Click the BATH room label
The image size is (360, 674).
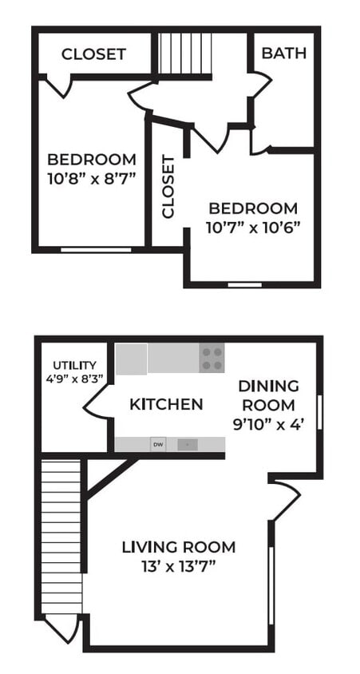(283, 54)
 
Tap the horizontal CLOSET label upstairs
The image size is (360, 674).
(93, 54)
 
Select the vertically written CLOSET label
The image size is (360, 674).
(168, 187)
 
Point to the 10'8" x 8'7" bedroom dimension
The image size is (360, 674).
(91, 176)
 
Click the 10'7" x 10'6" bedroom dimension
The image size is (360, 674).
(251, 226)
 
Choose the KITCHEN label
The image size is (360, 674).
(166, 404)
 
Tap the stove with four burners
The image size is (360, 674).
(212, 358)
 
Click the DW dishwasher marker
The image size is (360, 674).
(158, 445)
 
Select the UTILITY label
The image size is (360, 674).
(74, 365)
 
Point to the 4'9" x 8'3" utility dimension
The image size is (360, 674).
(74, 379)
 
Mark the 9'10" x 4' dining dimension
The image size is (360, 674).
(269, 425)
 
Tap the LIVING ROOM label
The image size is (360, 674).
(179, 547)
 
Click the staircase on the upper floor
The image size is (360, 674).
(184, 54)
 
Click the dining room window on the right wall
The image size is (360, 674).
(319, 413)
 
